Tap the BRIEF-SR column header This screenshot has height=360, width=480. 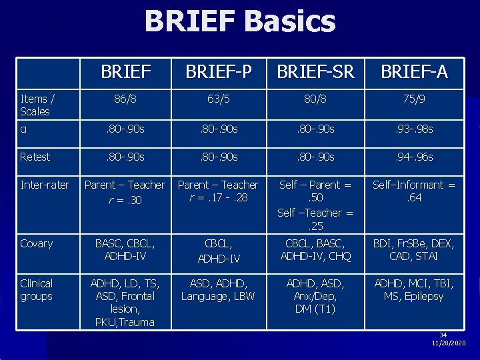pyautogui.click(x=316, y=72)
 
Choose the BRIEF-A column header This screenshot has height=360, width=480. pyautogui.click(x=413, y=72)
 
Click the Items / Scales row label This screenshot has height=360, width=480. pyautogui.click(x=37, y=105)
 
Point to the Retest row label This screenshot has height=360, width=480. pyautogui.click(x=35, y=157)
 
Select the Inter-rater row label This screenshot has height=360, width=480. pyautogui.click(x=44, y=185)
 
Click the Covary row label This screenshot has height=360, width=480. pyautogui.click(x=36, y=243)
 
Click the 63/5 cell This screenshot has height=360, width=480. pyautogui.click(x=219, y=99)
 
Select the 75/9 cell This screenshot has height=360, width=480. pyautogui.click(x=413, y=99)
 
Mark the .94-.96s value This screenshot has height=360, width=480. pyautogui.click(x=413, y=157)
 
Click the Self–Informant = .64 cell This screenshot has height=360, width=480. pyautogui.click(x=413, y=191)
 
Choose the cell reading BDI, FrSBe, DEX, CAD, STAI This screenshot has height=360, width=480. pyautogui.click(x=413, y=250)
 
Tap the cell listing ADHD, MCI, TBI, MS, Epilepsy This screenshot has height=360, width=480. pyautogui.click(x=413, y=289)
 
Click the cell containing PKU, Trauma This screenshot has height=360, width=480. pyautogui.click(x=125, y=322)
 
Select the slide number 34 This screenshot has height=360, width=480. pyautogui.click(x=443, y=335)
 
